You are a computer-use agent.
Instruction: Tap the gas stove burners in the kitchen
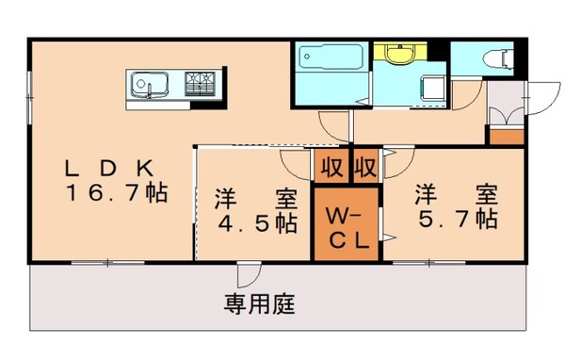[200, 84]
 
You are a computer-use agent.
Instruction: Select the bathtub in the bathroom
[326, 59]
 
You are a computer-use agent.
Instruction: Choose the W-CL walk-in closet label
[346, 225]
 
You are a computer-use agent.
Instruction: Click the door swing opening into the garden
[250, 274]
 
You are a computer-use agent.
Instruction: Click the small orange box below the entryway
[507, 136]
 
